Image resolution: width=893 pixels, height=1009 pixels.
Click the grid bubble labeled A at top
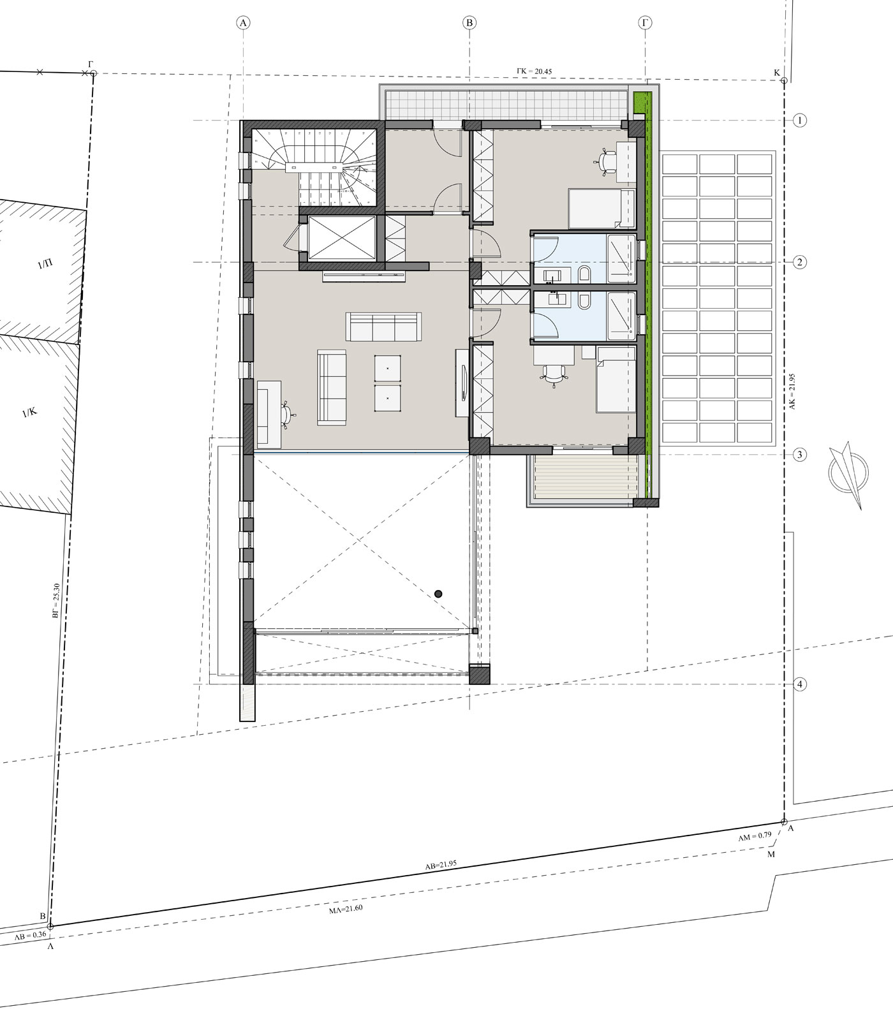pyautogui.click(x=243, y=23)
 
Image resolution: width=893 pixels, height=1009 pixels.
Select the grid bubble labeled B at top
pyautogui.click(x=469, y=23)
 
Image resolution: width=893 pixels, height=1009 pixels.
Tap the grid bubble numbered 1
pyautogui.click(x=799, y=120)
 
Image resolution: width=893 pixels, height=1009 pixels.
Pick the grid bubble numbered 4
pyautogui.click(x=799, y=684)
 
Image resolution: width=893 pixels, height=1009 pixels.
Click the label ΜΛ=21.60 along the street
pyautogui.click(x=346, y=909)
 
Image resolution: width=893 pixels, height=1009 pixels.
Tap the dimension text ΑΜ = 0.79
pyautogui.click(x=755, y=836)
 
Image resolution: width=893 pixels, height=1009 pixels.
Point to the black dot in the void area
pyautogui.click(x=438, y=594)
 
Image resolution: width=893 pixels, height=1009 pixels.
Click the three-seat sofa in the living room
pyautogui.click(x=383, y=327)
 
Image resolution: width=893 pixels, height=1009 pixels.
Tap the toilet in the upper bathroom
pyautogui.click(x=583, y=276)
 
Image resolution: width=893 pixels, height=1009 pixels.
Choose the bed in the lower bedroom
pyautogui.click(x=615, y=379)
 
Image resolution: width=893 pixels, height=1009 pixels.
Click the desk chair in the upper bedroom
pyautogui.click(x=606, y=159)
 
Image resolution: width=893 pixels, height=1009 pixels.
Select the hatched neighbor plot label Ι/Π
pyautogui.click(x=45, y=264)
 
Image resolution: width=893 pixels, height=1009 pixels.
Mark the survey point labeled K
pyautogui.click(x=783, y=80)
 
